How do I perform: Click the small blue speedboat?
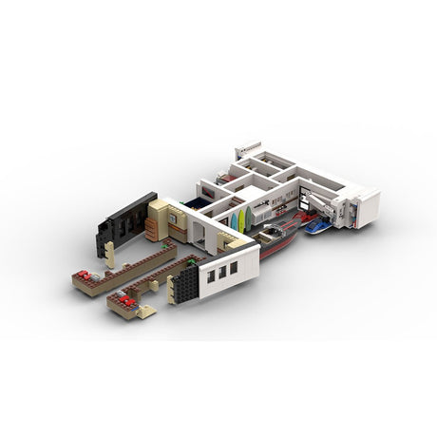(x=318, y=226)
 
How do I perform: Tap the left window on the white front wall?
(x=211, y=276)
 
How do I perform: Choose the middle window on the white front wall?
(x=222, y=273)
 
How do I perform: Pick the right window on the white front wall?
(x=234, y=269)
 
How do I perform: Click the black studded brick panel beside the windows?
(x=186, y=282)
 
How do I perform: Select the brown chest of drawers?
(x=152, y=229)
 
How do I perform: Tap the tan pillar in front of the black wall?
(x=110, y=254)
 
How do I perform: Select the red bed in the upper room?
(x=222, y=177)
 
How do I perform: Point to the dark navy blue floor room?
(x=199, y=202)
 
